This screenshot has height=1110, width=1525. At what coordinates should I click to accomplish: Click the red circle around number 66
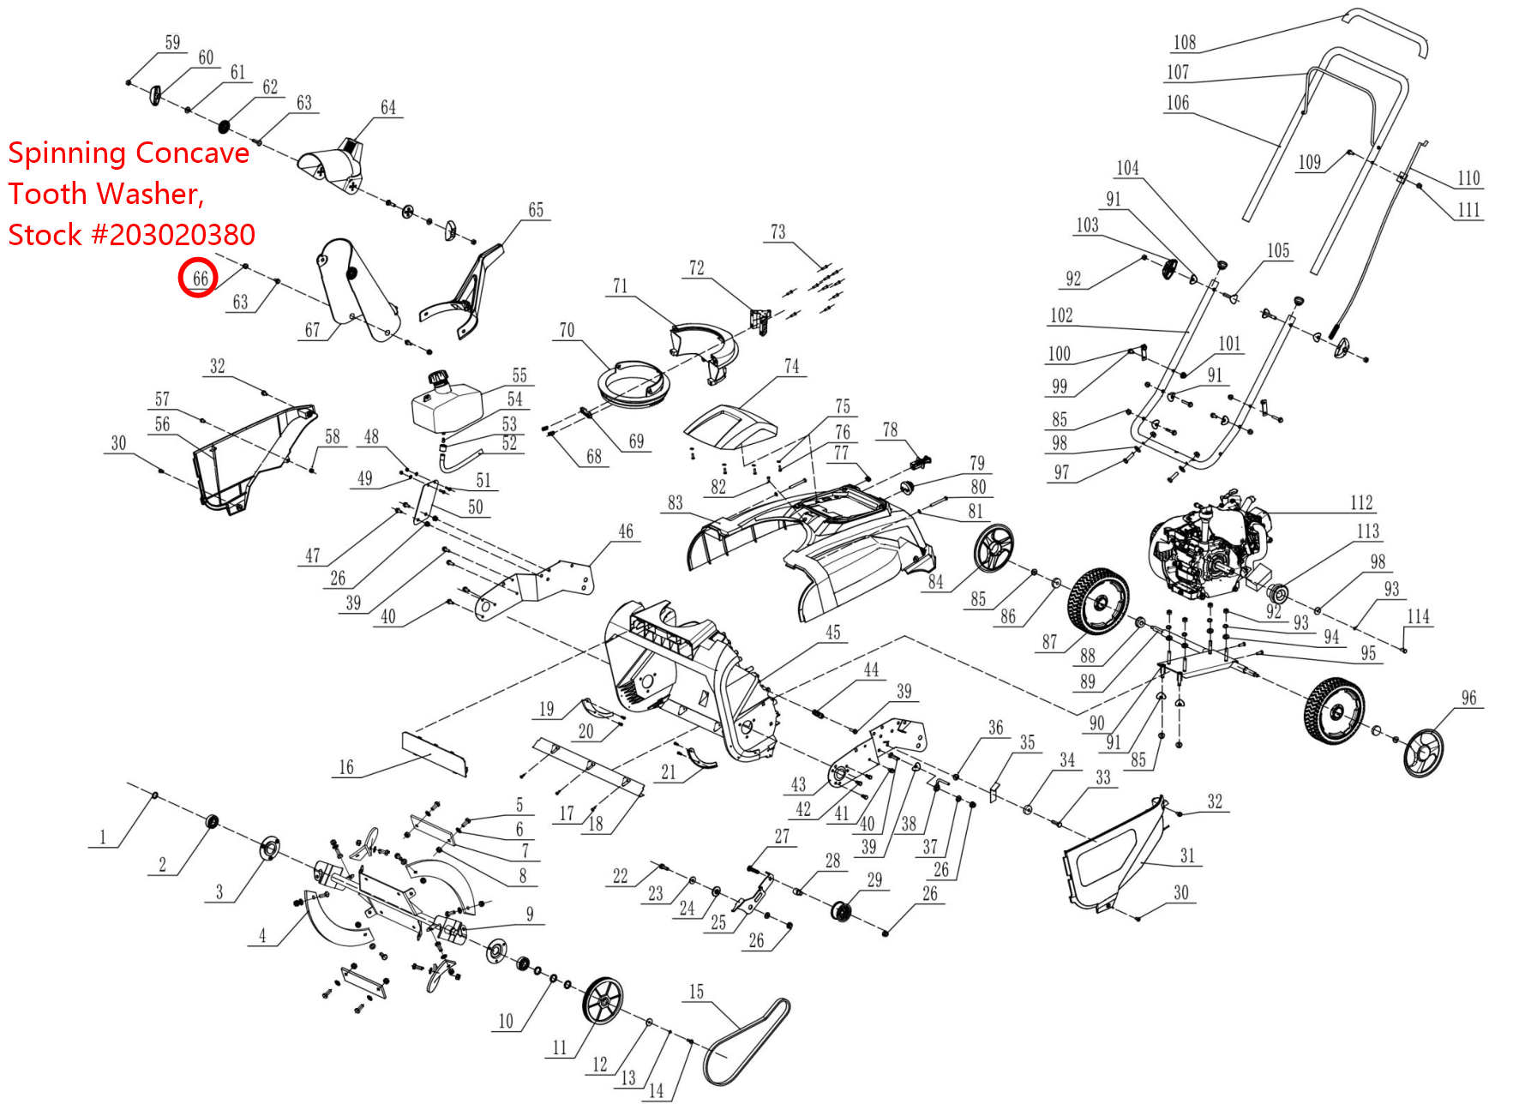pyautogui.click(x=198, y=279)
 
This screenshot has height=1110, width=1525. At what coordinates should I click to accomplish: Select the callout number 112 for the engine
pyautogui.click(x=1360, y=502)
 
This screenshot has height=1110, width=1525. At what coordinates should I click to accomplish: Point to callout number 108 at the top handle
pyautogui.click(x=1184, y=42)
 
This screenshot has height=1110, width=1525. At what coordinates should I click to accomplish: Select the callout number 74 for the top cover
pyautogui.click(x=791, y=366)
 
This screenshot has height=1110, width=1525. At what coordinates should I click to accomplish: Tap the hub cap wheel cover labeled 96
pyautogui.click(x=1423, y=752)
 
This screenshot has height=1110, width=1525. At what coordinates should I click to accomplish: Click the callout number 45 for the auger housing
pyautogui.click(x=832, y=632)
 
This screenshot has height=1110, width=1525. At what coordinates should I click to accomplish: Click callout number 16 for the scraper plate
pyautogui.click(x=345, y=767)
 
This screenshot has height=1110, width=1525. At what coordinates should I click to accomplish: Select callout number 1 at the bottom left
pyautogui.click(x=103, y=837)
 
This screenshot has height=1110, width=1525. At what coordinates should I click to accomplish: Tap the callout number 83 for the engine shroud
pyautogui.click(x=675, y=502)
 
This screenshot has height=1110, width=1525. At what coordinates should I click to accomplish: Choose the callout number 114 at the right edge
pyautogui.click(x=1418, y=616)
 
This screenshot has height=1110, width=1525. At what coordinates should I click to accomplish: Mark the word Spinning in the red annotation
pyautogui.click(x=67, y=153)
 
